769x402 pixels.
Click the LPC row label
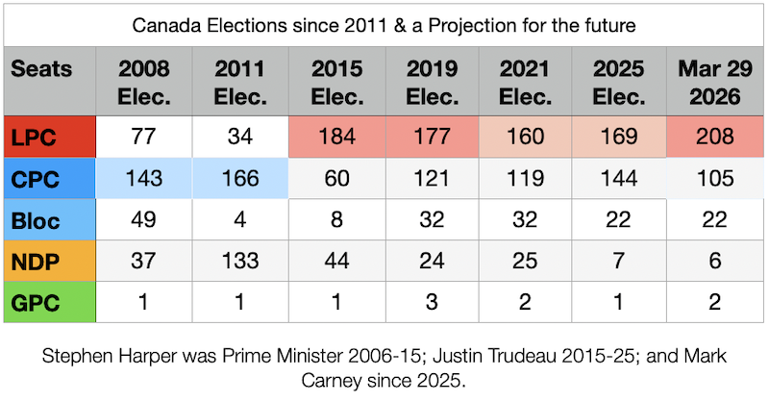click(50, 137)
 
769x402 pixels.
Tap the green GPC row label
click(50, 302)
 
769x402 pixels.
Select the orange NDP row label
click(50, 261)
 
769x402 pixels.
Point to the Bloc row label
click(50, 219)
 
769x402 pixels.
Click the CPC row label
click(50, 178)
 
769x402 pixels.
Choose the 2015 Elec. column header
click(337, 82)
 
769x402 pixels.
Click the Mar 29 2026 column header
click(715, 82)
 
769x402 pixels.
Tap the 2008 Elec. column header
click(143, 82)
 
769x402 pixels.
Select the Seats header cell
click(50, 82)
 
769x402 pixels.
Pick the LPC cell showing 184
click(337, 137)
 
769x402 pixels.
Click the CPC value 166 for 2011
click(240, 178)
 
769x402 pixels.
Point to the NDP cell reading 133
click(240, 261)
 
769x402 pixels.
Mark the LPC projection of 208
click(715, 137)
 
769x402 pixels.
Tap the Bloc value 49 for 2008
click(143, 219)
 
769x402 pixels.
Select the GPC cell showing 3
click(432, 302)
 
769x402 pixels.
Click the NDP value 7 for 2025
click(619, 261)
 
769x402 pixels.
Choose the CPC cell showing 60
click(337, 178)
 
